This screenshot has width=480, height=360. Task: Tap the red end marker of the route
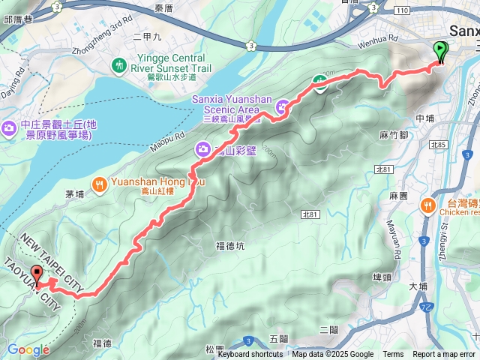[37, 274]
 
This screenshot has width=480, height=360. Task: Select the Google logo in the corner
[28, 349]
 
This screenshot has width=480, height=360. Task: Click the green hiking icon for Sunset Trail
[121, 65]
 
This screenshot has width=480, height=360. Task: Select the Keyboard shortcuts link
[250, 355]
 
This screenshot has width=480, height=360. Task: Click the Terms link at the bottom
[393, 355]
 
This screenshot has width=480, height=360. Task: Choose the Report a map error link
[444, 355]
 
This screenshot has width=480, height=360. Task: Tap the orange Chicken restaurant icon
[427, 204]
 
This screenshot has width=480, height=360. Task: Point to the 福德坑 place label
[229, 245]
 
